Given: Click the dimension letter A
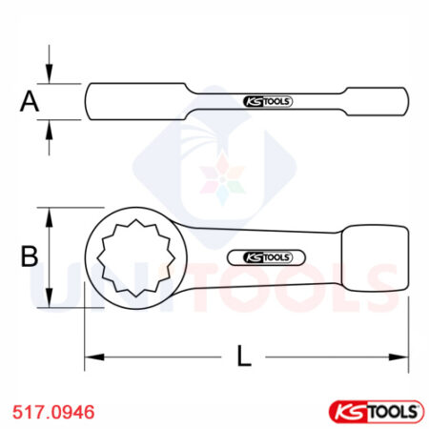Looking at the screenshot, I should (x=31, y=101).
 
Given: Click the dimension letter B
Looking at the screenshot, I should (x=30, y=256).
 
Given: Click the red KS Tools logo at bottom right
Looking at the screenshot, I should (x=375, y=411).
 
